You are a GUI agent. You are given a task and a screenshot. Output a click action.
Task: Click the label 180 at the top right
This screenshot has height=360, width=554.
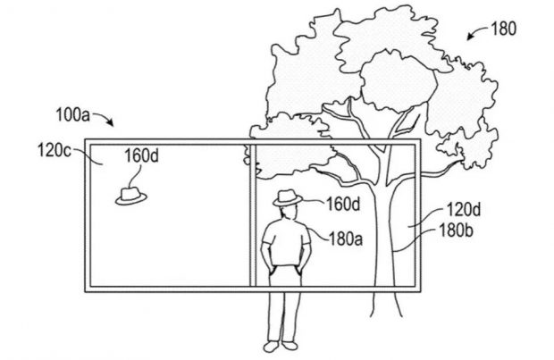point(504,28)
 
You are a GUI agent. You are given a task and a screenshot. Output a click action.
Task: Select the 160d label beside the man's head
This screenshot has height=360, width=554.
point(341,205)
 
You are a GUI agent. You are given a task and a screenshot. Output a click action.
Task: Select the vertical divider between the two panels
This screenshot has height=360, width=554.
point(248,214)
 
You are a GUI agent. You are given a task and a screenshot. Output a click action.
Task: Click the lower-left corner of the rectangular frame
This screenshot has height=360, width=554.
point(86,289)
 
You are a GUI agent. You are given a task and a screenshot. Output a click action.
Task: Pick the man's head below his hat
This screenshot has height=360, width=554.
point(286,213)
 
